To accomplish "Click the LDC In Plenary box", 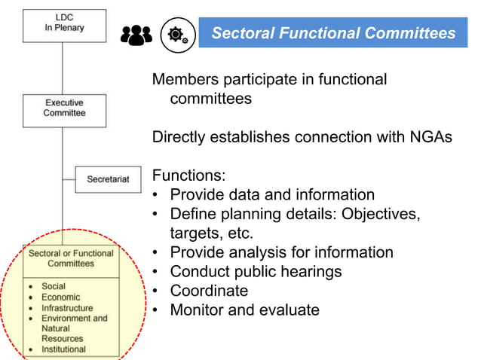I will pos(63,23).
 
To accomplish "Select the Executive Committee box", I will pos(63,108).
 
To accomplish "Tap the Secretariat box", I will pos(108,179).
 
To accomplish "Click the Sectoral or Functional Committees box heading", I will pos(70,259).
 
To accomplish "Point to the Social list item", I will pos(54,286).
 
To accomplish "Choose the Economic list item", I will pos(60,297).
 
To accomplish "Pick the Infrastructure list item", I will pos(67,308).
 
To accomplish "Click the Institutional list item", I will pos(63,349).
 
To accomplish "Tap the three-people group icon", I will pos(136,35).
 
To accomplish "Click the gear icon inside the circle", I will pos(177,34).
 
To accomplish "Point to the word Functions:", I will pos(188,176).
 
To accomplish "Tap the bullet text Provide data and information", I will pos(272,195).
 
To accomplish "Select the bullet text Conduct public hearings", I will pos(256,271).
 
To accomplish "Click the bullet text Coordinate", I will pos(209,291).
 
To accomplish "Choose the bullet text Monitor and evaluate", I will pos(244,310).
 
